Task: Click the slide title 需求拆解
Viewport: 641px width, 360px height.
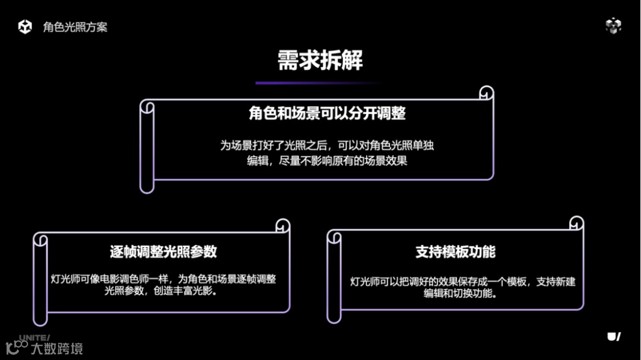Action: pos(320,60)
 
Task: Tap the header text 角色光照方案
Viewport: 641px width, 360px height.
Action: pos(75,27)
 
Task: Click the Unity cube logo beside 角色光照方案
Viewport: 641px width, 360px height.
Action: pos(25,27)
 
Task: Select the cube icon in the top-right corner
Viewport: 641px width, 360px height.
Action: pos(613,26)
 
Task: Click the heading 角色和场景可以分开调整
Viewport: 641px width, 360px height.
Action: pos(327,113)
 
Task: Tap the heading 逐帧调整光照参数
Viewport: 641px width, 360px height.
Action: pos(163,251)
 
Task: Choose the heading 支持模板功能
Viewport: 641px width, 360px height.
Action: pos(455,251)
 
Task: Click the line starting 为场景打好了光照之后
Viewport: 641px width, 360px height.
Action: pos(327,145)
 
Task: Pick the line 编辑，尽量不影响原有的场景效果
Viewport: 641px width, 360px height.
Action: pos(327,161)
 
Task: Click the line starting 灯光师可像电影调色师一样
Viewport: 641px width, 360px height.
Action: pos(163,279)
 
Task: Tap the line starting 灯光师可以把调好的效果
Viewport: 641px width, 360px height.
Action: pos(463,281)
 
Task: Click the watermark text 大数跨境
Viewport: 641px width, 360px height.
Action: pos(57,348)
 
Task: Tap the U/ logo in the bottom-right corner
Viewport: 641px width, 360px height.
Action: pos(614,336)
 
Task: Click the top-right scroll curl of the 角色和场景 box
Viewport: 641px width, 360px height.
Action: pos(487,93)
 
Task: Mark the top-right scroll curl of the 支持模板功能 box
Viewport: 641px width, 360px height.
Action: pos(576,224)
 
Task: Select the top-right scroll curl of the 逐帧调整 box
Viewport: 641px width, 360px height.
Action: pos(283,226)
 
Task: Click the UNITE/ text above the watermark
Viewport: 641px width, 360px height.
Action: pos(34,337)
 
